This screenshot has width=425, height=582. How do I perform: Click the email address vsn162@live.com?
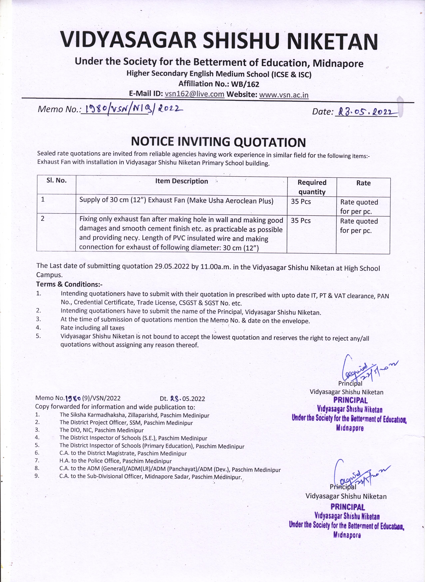tap(195, 94)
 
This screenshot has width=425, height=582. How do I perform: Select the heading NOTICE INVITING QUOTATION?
tap(218, 142)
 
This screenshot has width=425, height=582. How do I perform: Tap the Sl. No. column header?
tap(57, 180)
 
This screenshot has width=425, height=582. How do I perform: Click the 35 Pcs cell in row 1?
tap(301, 202)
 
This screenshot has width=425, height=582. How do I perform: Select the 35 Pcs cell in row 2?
tap(301, 221)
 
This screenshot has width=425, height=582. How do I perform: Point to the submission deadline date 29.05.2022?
tap(172, 266)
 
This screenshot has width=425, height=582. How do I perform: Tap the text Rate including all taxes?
tap(92, 328)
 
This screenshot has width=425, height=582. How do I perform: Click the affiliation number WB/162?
tap(245, 84)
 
